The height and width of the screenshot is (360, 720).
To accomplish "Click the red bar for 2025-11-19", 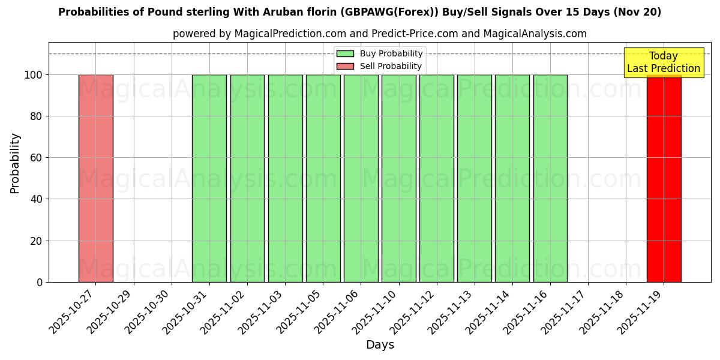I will tap(664, 180).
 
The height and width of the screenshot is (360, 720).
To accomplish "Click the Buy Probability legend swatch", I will tap(345, 54).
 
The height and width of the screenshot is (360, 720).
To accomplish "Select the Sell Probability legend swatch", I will tap(345, 66).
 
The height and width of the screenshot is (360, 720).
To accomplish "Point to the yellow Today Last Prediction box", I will tap(664, 62).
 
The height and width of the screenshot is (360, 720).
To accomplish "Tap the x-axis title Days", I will tap(380, 345).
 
